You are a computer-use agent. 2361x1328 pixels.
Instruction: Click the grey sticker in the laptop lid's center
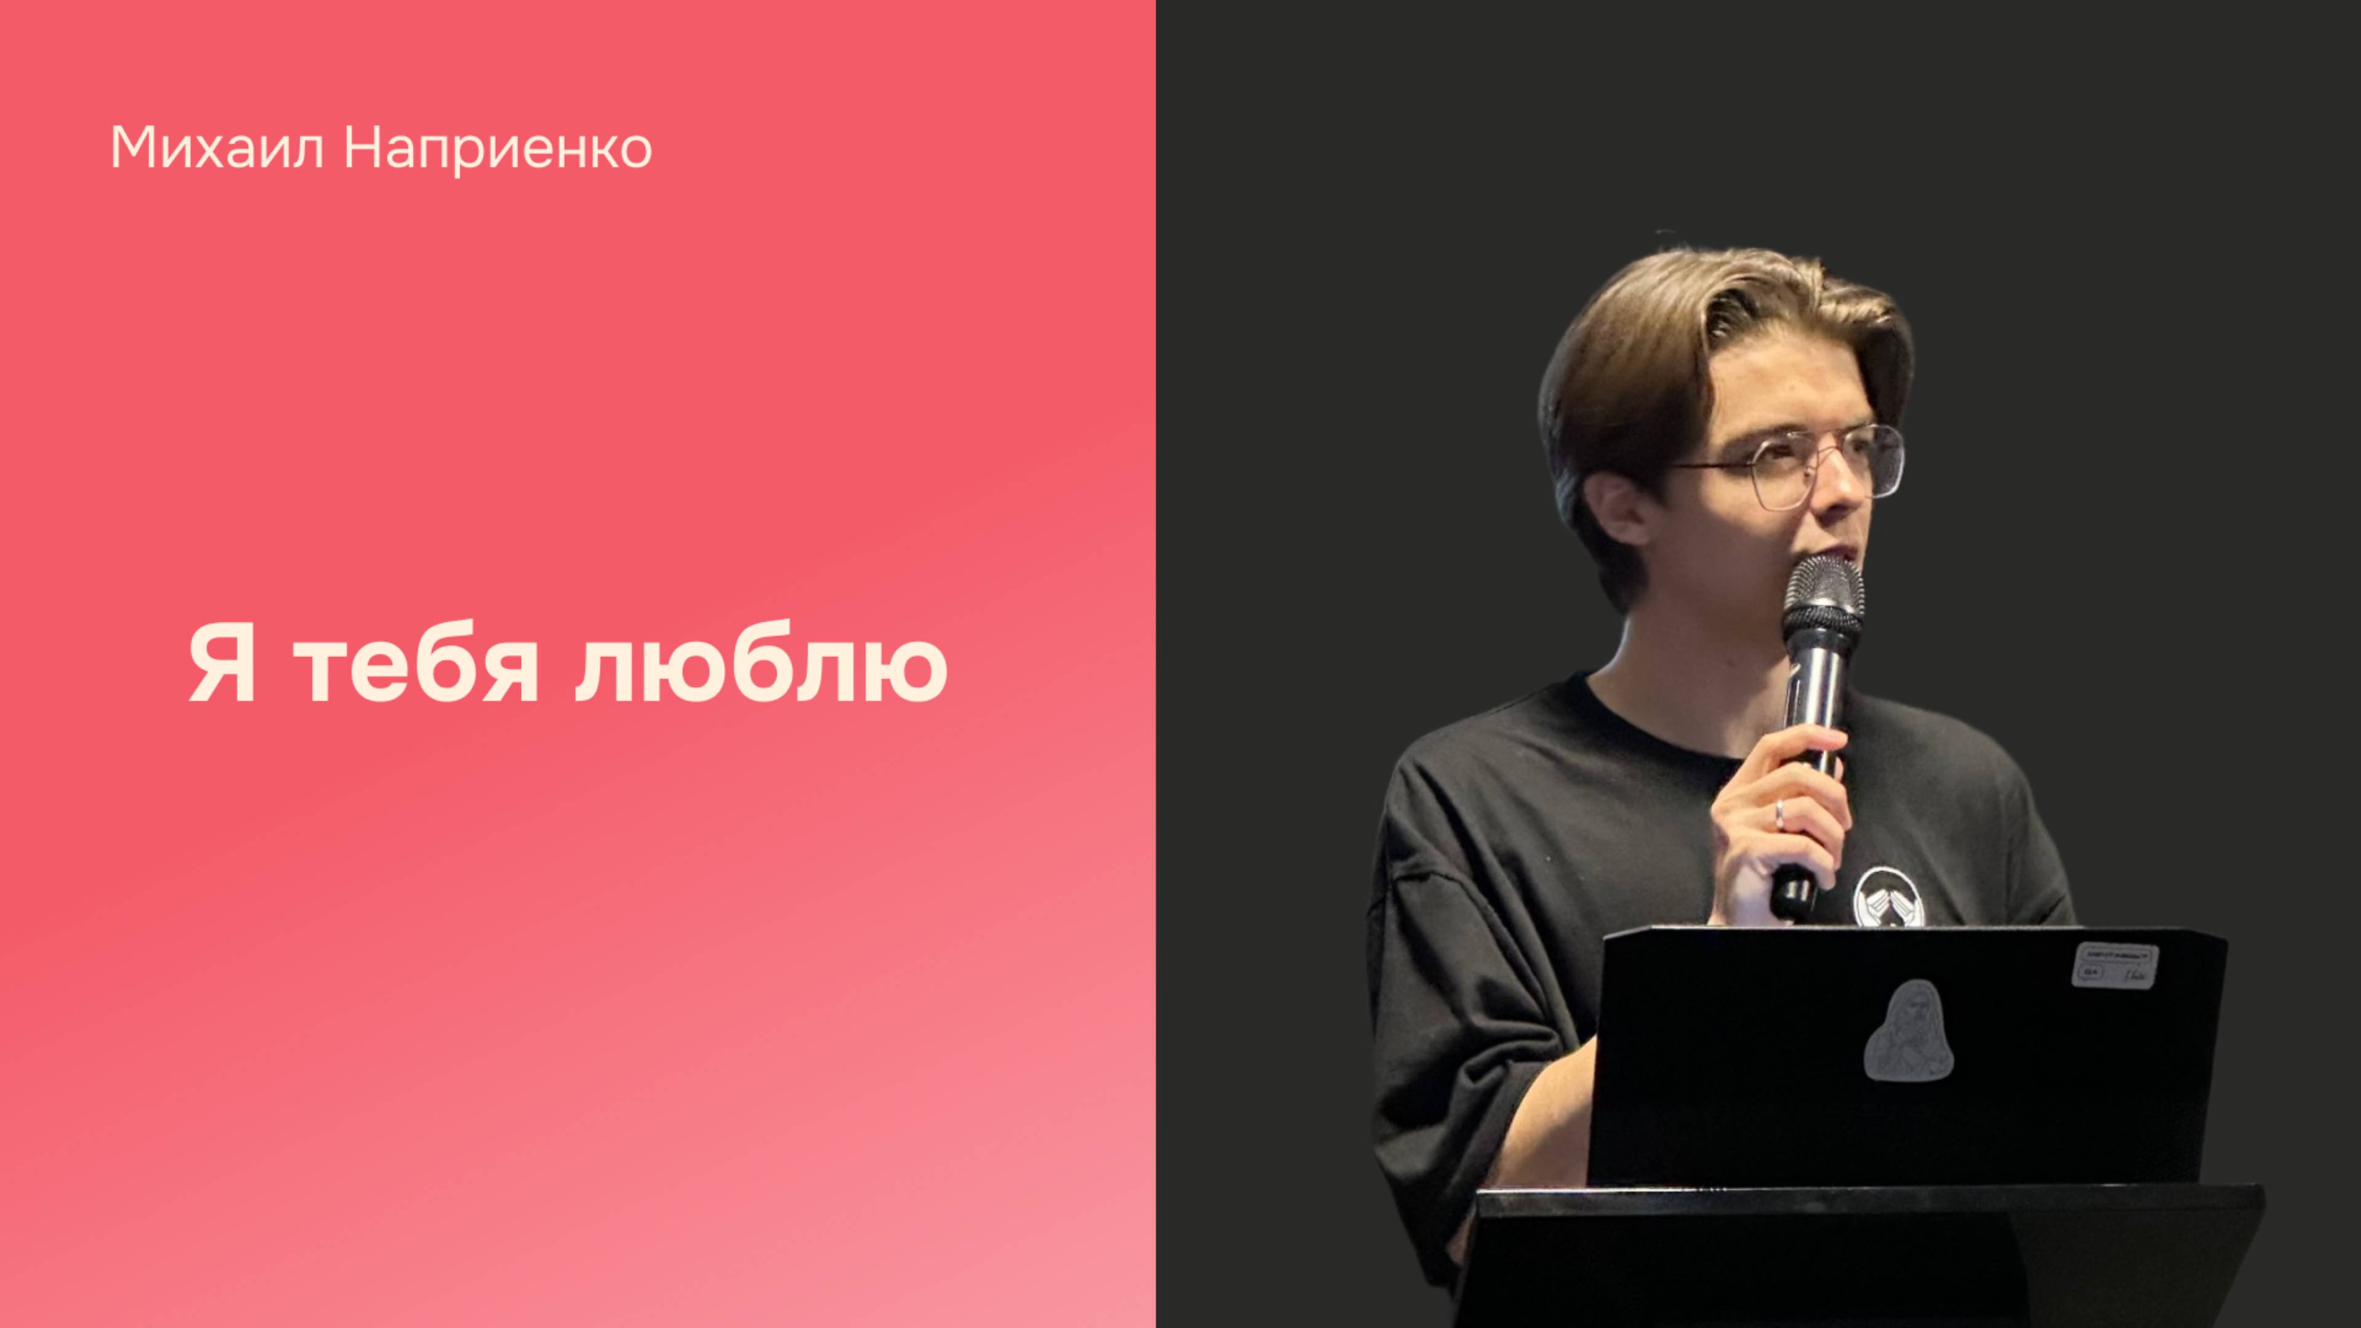(1908, 1031)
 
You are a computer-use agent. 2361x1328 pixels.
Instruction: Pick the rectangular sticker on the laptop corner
(2114, 966)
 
